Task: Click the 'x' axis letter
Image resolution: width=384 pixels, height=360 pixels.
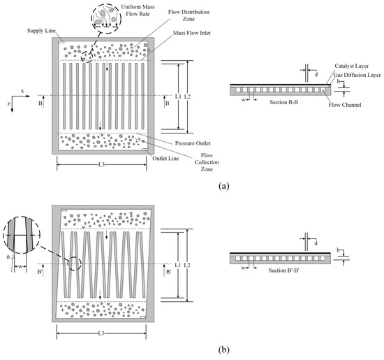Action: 22,91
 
